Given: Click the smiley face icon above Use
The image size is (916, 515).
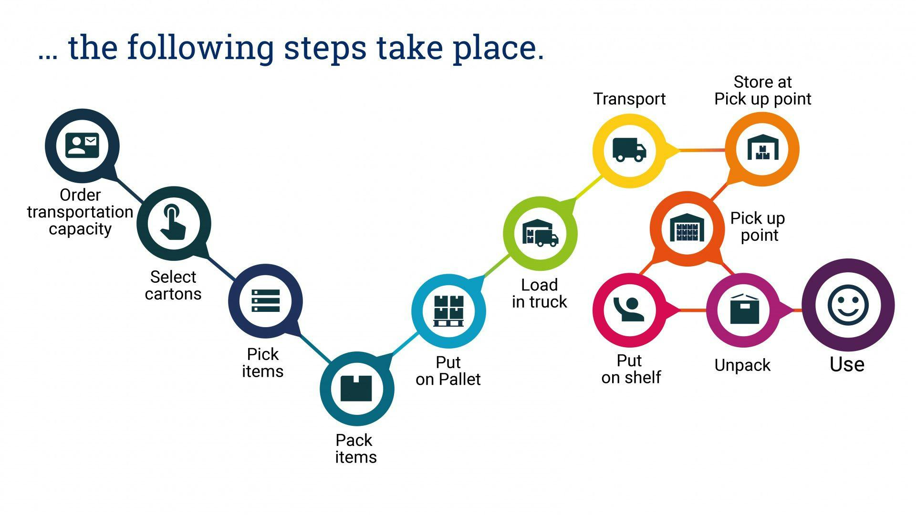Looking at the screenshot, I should point(848,305).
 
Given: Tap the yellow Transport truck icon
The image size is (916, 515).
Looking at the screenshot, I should point(629,150).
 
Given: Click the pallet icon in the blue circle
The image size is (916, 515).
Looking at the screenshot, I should point(448,310).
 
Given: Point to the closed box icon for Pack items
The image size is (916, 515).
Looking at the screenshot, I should point(356,389).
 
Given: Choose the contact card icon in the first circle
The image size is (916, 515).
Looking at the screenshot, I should point(82,145).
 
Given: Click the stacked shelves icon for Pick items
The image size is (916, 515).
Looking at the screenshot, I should point(265,301).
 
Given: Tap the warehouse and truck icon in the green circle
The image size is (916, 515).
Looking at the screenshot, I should point(540,233).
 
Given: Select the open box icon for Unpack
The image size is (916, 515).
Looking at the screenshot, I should point(744,310).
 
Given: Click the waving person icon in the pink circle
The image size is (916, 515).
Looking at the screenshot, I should point(629,310).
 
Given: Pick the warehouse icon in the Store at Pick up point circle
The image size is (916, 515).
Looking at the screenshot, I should point(763,148).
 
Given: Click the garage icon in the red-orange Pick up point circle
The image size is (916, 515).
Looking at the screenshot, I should point(687,227).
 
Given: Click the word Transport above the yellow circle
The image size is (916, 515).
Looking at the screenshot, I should point(629,99).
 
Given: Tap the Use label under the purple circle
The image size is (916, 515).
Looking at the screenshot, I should point(847,364).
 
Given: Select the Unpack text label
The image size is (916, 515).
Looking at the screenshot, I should point(742,365).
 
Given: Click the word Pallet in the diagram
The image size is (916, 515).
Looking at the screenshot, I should point(459,380).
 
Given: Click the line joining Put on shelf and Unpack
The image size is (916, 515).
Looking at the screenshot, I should point(693,310).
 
